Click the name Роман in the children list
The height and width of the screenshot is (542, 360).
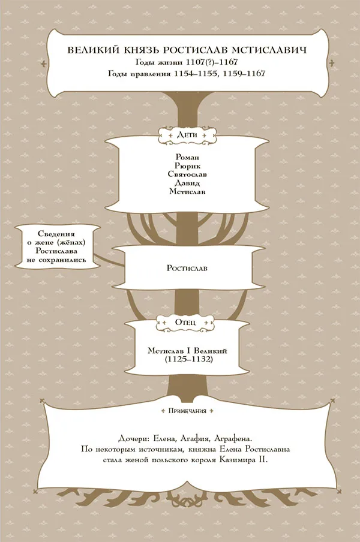187,158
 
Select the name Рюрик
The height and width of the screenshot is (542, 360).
187,166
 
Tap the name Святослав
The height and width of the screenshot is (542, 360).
187,174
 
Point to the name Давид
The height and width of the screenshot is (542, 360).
187,183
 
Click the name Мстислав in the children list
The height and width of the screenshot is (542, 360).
187,191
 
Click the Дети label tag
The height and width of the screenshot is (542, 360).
187,135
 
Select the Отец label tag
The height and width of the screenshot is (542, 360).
185,322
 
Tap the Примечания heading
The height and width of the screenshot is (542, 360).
187,411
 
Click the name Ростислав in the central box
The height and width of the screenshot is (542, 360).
187,268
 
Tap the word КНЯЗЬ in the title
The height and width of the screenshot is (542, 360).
139,50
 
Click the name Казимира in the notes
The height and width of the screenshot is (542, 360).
239,460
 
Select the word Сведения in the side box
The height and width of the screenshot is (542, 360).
56,234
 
